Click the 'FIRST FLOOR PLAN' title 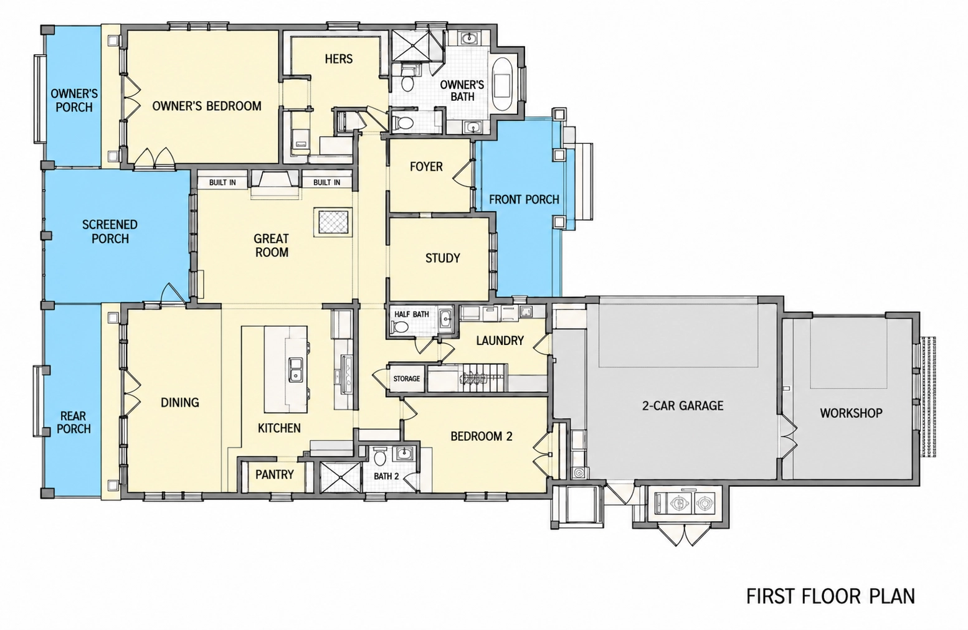[830, 596]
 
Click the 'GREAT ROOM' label [272, 245]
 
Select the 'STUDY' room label [442, 258]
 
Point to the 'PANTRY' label [275, 474]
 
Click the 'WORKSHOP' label [851, 413]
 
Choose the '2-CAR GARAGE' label [682, 406]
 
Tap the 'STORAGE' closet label [406, 378]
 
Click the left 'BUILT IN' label [222, 182]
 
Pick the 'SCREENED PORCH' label [110, 232]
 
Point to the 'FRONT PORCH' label [524, 199]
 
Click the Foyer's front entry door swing [462, 172]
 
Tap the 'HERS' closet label [339, 59]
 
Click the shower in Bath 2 [339, 477]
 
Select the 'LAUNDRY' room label [500, 341]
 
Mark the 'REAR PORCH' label [74, 423]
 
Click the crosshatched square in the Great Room [333, 222]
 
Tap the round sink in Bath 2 [404, 453]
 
